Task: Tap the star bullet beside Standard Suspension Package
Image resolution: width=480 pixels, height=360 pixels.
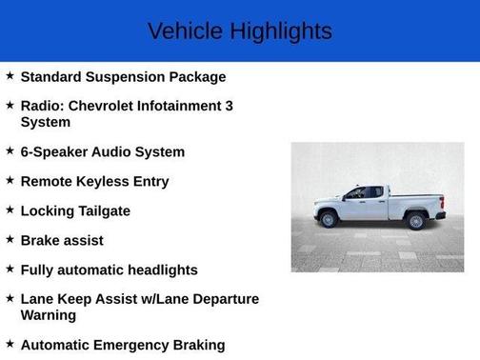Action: point(10,75)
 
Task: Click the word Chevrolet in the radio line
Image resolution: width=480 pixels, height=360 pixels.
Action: point(106,106)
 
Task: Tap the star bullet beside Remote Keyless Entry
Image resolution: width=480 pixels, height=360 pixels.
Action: point(10,180)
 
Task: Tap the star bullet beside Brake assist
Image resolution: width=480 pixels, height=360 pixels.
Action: point(10,239)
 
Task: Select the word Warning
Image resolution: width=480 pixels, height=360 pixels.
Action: point(49,314)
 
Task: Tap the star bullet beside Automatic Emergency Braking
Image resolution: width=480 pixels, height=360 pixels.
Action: point(10,344)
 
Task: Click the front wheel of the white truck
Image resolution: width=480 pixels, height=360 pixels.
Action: point(330,220)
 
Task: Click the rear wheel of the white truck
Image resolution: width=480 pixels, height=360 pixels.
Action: point(415,221)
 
